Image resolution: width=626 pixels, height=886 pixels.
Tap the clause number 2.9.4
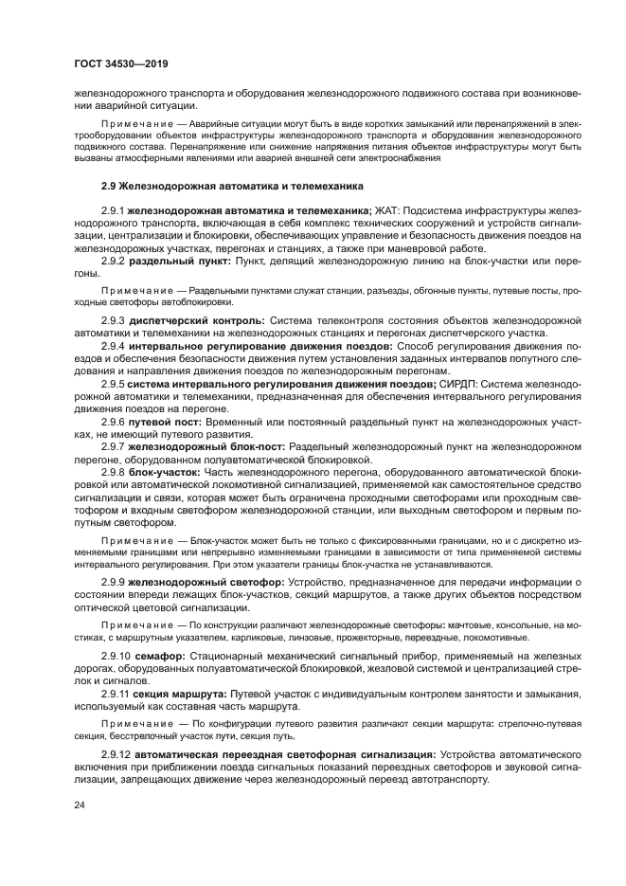(114, 347)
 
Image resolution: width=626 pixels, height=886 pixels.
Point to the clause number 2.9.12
(116, 754)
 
